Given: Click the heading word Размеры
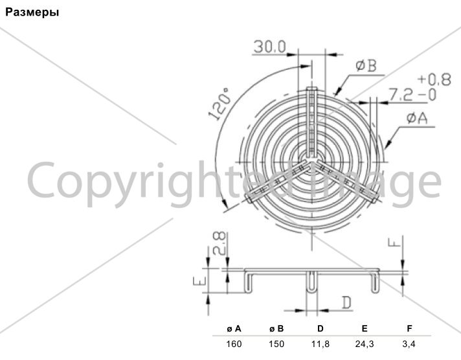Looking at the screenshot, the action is (32, 12).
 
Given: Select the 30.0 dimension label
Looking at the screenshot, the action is (269, 47).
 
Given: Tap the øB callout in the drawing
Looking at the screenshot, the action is (366, 65).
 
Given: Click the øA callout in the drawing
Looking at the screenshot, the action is (417, 118).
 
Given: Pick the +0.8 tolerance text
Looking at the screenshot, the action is (434, 80).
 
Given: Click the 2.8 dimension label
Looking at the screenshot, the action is (219, 243).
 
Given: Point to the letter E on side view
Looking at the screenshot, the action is (199, 282).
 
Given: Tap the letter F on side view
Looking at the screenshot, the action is (394, 242).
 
